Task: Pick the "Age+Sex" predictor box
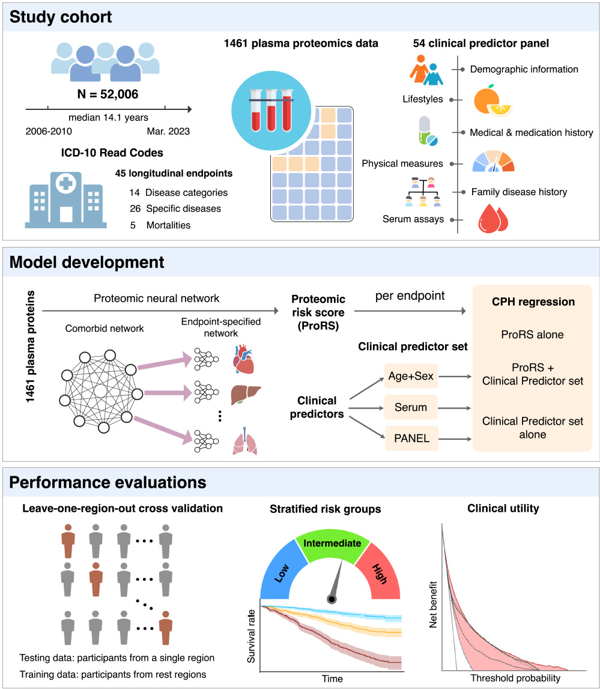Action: (x=411, y=378)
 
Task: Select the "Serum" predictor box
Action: (x=411, y=408)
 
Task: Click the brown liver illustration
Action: (x=243, y=395)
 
